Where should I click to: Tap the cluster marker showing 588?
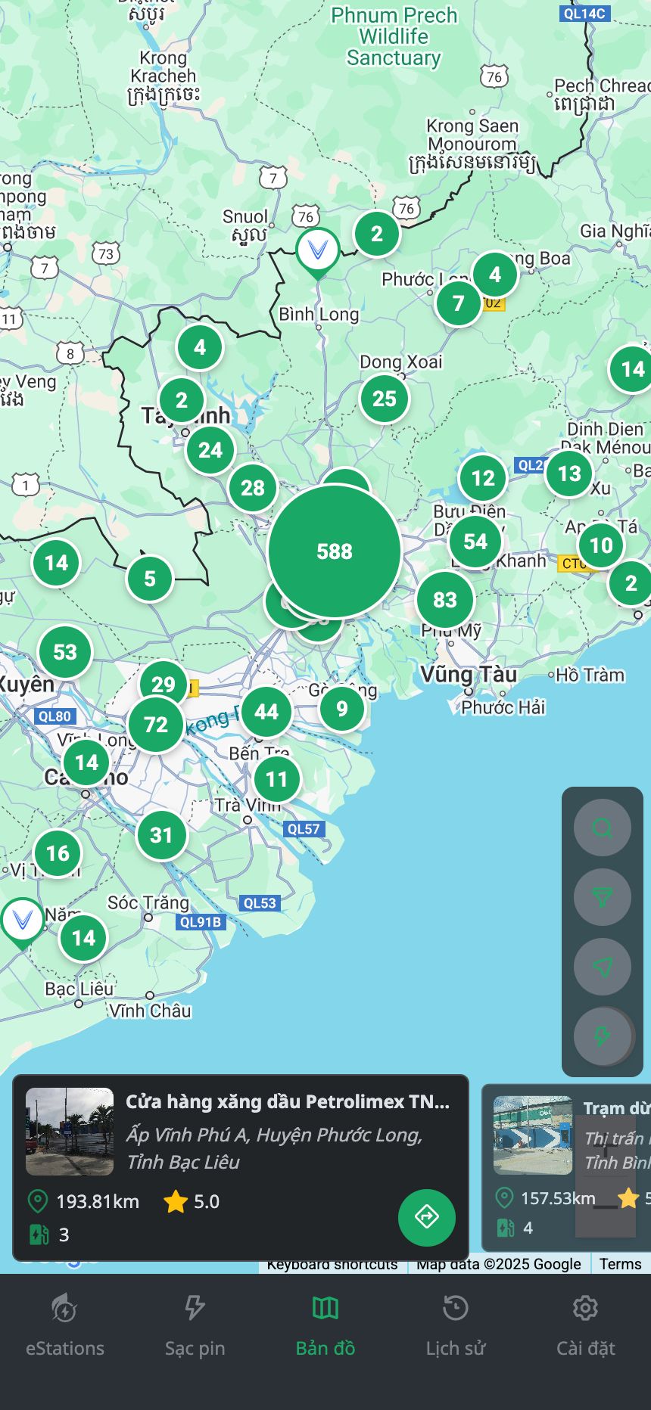point(334,551)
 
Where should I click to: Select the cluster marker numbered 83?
point(445,600)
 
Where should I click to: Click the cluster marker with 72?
point(156,725)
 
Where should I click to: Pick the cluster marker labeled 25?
point(385,399)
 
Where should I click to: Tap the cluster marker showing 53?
point(65,652)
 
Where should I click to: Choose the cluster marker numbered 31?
point(161,835)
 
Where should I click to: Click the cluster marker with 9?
point(342,709)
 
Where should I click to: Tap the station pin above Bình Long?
point(318,250)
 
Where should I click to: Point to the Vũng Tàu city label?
point(469,674)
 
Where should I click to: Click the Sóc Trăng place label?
point(148,902)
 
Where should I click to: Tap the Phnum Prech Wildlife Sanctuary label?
point(394,36)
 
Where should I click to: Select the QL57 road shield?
point(304,829)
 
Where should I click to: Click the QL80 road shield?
point(55,716)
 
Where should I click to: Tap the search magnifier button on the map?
point(602,828)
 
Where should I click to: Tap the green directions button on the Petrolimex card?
point(427,1217)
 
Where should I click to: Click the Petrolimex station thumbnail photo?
point(70,1132)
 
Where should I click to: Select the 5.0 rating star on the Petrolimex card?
point(176,1201)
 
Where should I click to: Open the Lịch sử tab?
point(456,1324)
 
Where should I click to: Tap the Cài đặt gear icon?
point(585,1308)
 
